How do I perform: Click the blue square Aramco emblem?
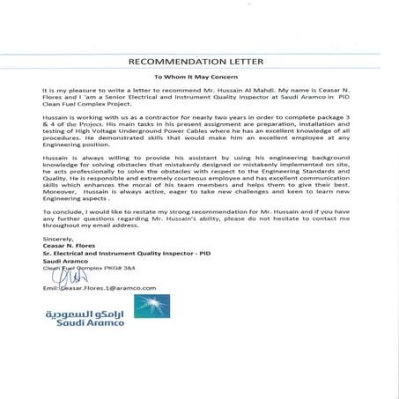tap(151, 306)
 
